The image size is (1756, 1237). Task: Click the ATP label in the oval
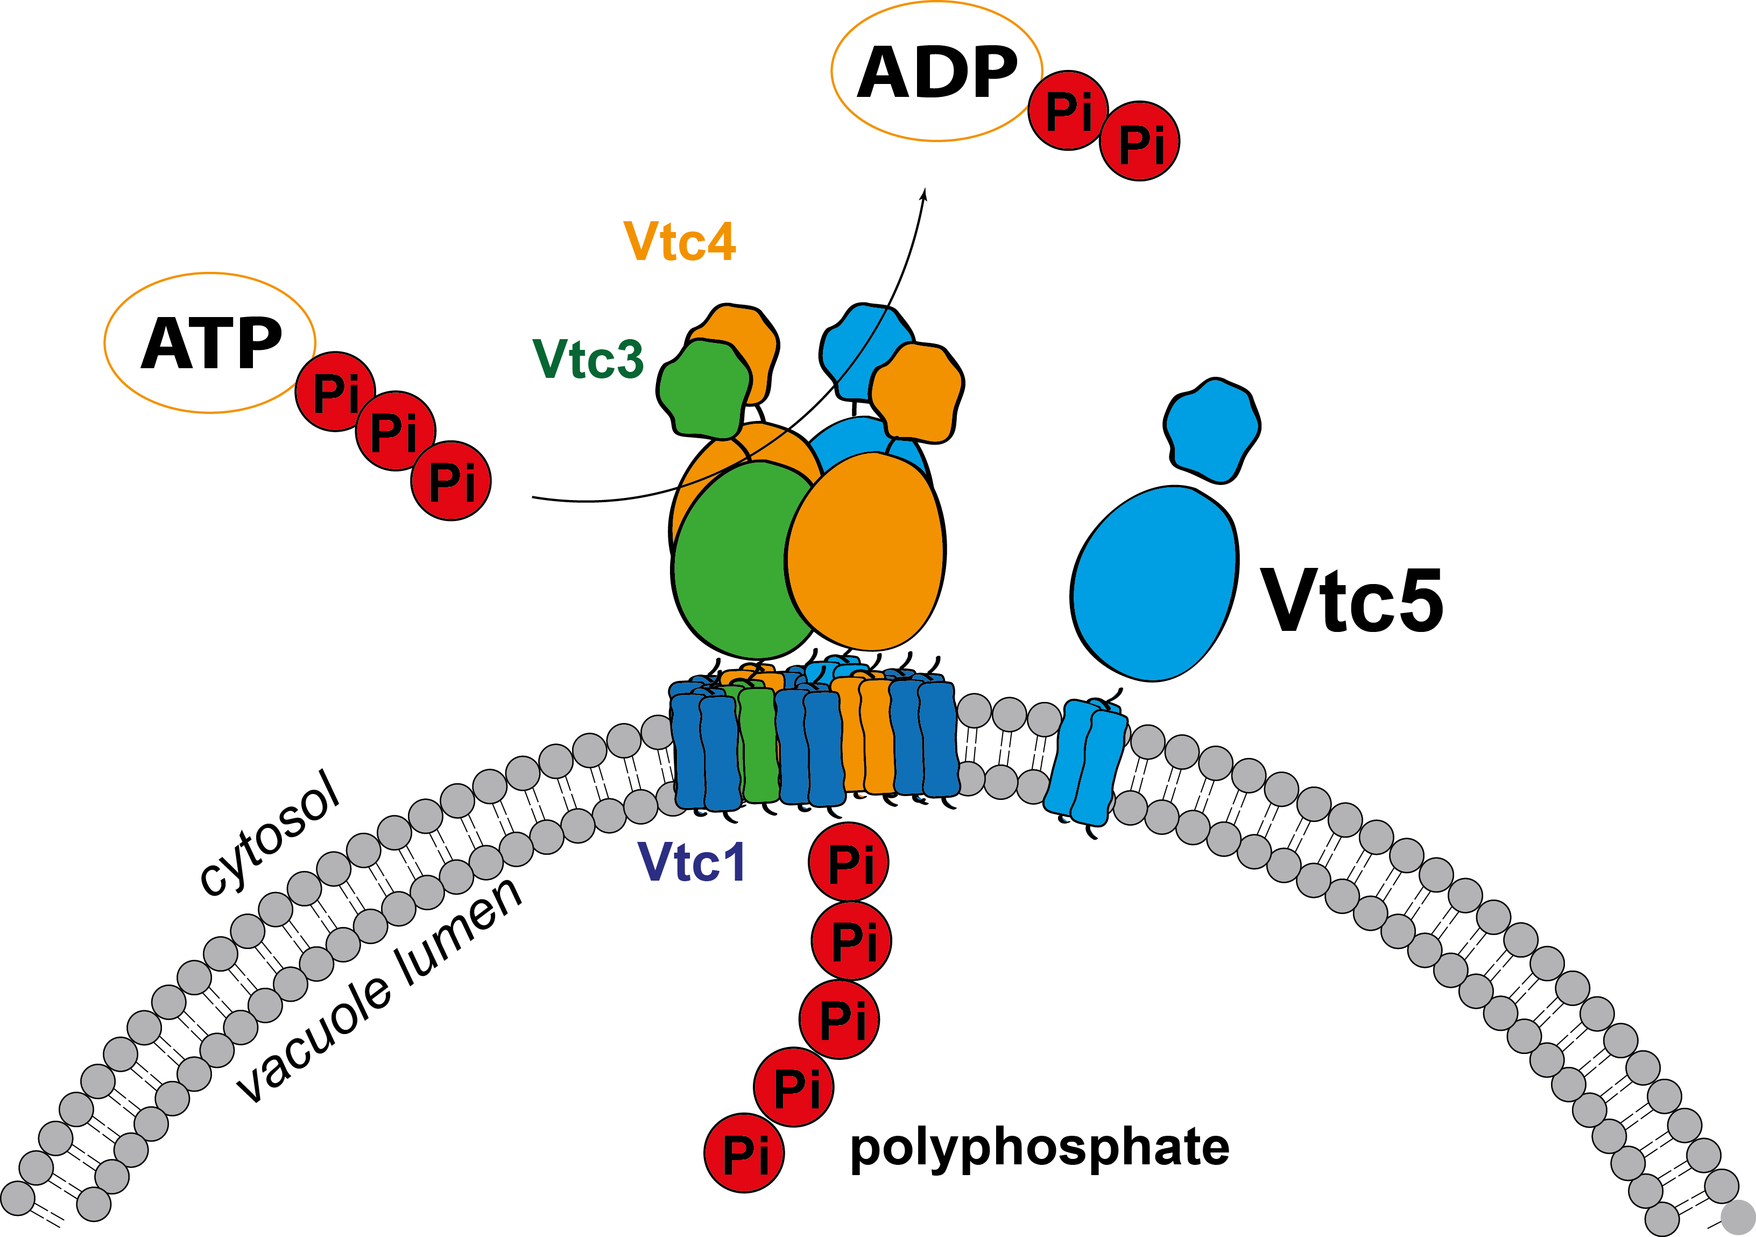pyautogui.click(x=211, y=345)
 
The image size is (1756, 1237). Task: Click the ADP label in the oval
pyautogui.click(x=937, y=73)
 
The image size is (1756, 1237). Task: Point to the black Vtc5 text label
pyautogui.click(x=1351, y=601)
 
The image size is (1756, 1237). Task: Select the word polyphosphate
pyautogui.click(x=1039, y=1148)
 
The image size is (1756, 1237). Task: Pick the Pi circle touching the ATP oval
pyautogui.click(x=335, y=392)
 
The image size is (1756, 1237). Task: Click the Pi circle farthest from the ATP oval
pyautogui.click(x=450, y=481)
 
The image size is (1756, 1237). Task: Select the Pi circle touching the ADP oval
pyautogui.click(x=1068, y=111)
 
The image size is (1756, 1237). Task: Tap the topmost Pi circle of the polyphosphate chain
pyautogui.click(x=848, y=862)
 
